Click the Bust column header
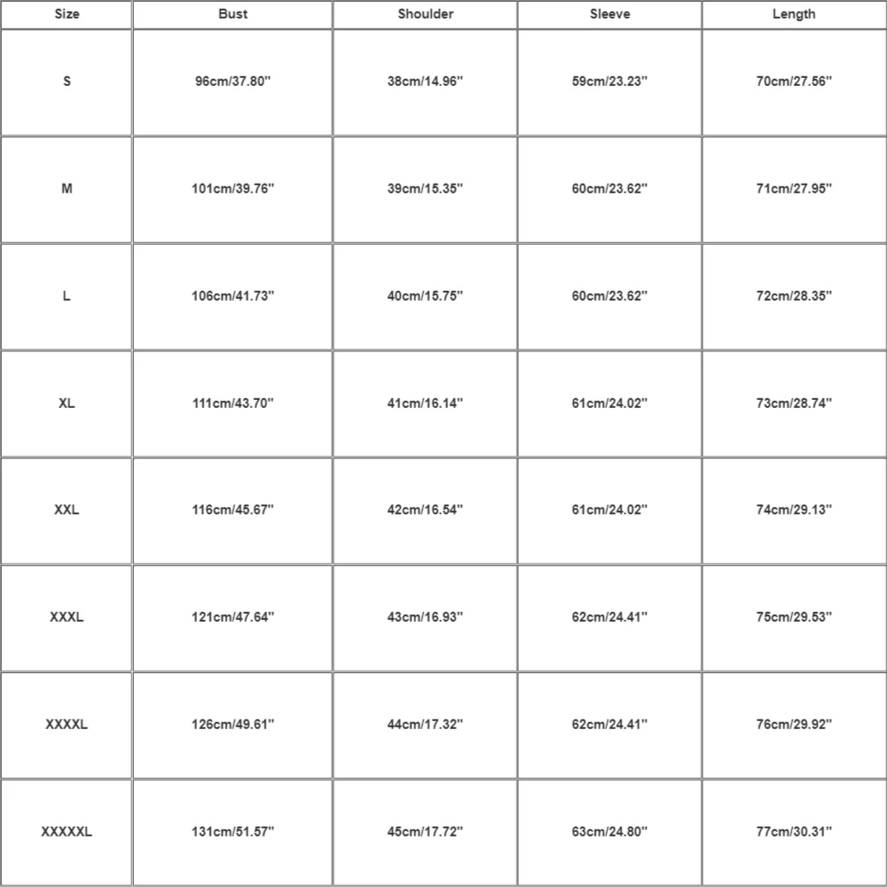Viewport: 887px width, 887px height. [x=233, y=14]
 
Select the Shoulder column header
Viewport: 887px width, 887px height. [x=426, y=14]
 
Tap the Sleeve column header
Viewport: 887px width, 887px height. [x=610, y=14]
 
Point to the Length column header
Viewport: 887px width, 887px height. [x=794, y=14]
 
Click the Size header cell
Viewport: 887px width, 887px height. [x=67, y=14]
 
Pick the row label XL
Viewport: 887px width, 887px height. [x=67, y=403]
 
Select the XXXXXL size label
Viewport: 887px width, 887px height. [x=67, y=832]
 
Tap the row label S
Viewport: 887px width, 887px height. [x=67, y=82]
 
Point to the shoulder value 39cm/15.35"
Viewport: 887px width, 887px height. [x=426, y=189]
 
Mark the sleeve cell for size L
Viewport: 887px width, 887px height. [x=610, y=296]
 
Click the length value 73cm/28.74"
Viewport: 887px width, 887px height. [x=794, y=403]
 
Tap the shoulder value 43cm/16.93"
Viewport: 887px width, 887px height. [x=426, y=617]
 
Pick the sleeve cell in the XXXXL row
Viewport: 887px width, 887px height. [x=610, y=725]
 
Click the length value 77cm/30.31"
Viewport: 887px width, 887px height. [x=794, y=832]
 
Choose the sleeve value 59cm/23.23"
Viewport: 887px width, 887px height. [x=610, y=82]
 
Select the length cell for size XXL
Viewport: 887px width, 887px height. [x=794, y=510]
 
